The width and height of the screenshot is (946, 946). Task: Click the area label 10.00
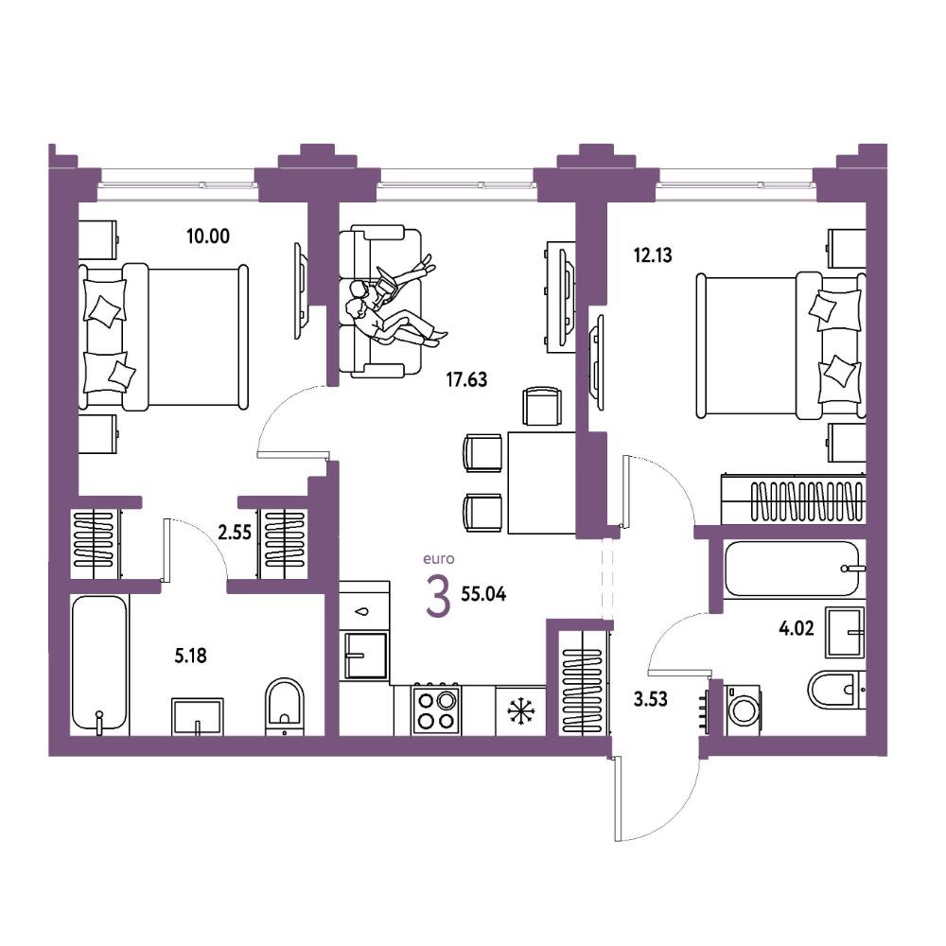tap(208, 236)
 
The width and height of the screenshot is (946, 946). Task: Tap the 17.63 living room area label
tap(466, 379)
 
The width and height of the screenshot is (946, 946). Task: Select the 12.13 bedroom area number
tap(652, 255)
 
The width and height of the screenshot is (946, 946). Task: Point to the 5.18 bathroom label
tap(191, 656)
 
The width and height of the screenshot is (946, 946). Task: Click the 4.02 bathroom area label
tap(797, 629)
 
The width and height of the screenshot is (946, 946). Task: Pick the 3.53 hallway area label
tap(651, 699)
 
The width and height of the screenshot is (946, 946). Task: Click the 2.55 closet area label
tap(234, 533)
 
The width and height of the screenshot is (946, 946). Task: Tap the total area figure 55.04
tap(483, 594)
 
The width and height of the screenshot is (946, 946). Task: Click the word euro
tap(439, 559)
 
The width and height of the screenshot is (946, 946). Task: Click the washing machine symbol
tap(744, 709)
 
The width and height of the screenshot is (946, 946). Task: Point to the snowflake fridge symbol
tap(520, 710)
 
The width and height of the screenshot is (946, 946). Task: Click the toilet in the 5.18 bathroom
tap(285, 706)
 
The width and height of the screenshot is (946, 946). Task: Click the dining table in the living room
tap(542, 482)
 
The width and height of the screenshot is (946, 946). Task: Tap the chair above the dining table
tap(542, 407)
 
